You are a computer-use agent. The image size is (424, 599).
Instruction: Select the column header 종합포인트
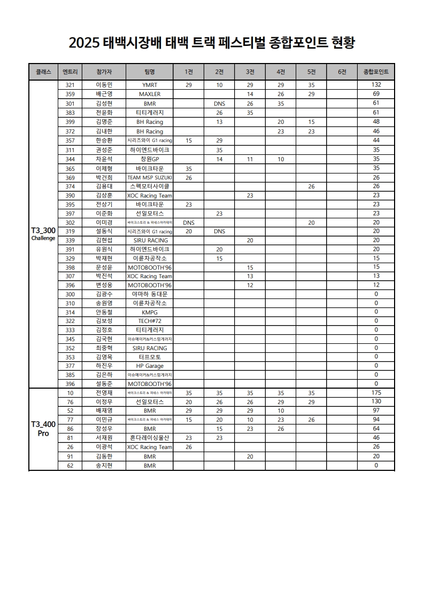coord(376,72)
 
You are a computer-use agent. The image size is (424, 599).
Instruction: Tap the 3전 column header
coord(250,72)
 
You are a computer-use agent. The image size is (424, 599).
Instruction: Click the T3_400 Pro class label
coord(43,429)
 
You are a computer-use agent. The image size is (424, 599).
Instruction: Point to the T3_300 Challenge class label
coord(43,234)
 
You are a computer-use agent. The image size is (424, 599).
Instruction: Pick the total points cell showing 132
coord(376,85)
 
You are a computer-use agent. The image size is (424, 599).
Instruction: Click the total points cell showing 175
coord(376,393)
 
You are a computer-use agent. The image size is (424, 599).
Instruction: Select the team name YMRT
coord(150,85)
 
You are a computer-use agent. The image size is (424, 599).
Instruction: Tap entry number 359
coord(70,94)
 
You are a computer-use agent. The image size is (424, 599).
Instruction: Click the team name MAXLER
coord(150,94)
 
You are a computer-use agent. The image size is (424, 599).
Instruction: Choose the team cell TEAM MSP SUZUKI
coord(150,177)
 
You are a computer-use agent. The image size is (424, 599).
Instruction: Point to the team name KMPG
coord(150,312)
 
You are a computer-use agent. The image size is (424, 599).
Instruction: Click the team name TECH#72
coord(150,321)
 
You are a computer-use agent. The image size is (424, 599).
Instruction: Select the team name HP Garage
coord(150,366)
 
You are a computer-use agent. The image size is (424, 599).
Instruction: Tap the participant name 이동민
coord(104,85)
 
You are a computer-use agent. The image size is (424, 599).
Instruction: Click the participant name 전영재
coord(104,393)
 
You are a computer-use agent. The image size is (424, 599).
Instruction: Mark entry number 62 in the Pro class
coord(70,465)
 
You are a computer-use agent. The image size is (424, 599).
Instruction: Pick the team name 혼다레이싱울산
coord(150,438)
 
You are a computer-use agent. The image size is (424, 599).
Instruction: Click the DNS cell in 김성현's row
coord(219,103)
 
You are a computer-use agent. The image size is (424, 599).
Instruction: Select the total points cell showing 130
coord(376,402)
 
